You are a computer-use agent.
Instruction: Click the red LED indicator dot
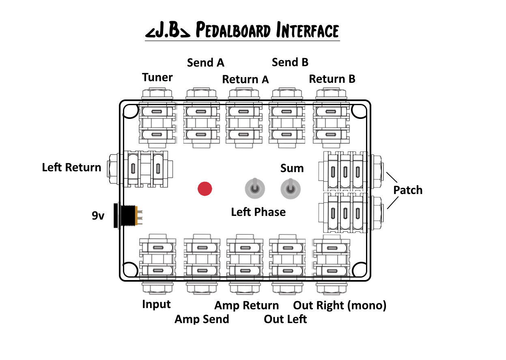[205, 189]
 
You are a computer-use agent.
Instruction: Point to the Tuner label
[157, 77]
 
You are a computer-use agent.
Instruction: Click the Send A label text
[205, 63]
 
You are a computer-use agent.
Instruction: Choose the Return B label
[332, 79]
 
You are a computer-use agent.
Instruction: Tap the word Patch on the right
[408, 190]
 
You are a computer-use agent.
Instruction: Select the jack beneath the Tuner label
[157, 122]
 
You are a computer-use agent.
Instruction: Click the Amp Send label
[202, 319]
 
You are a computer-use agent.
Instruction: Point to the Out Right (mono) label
[340, 305]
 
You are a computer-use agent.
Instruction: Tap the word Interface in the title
[307, 31]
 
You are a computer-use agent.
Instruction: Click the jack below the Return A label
[243, 122]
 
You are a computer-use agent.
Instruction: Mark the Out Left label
[285, 319]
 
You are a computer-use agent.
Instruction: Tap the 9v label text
[98, 216]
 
